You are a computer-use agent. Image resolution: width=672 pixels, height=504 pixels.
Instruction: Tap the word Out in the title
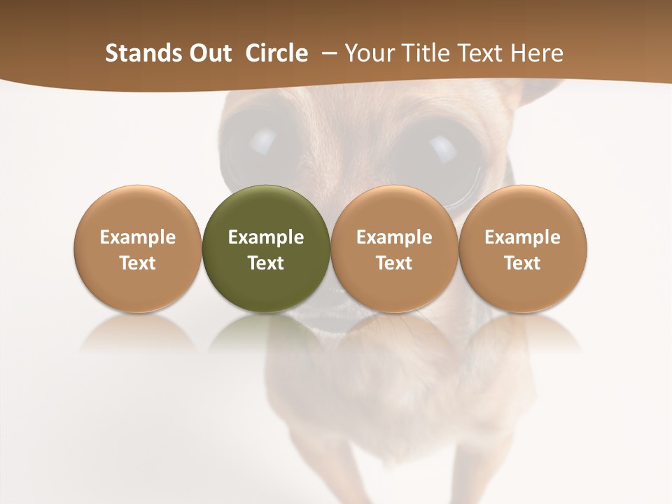208,53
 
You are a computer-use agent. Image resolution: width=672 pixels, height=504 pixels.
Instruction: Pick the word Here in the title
536,53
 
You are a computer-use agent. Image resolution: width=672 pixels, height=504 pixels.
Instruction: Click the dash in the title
326,53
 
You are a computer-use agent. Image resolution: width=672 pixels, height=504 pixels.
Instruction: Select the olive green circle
266,248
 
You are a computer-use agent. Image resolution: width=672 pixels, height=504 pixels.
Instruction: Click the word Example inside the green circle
266,237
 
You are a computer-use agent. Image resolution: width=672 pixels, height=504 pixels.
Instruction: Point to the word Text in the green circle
266,263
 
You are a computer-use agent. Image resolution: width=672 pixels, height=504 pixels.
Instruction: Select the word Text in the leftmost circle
137,263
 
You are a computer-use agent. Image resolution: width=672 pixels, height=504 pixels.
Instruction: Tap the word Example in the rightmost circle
522,237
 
